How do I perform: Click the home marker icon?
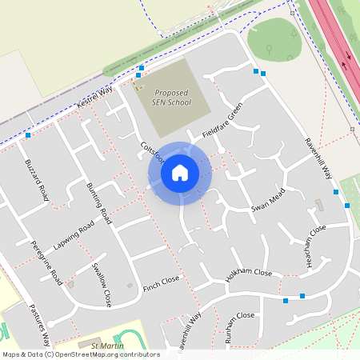[x=180, y=173]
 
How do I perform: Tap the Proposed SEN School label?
[x=173, y=98]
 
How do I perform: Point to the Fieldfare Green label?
[x=222, y=121]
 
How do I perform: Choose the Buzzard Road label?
[x=38, y=180]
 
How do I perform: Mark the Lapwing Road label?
[x=74, y=234]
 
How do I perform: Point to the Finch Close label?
[x=161, y=283]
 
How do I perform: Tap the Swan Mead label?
[x=268, y=199]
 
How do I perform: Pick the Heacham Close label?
[x=309, y=236]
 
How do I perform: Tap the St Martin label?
[x=106, y=346]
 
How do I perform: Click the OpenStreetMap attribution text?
[x=80, y=354]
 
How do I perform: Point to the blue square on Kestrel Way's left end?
[x=28, y=135]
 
